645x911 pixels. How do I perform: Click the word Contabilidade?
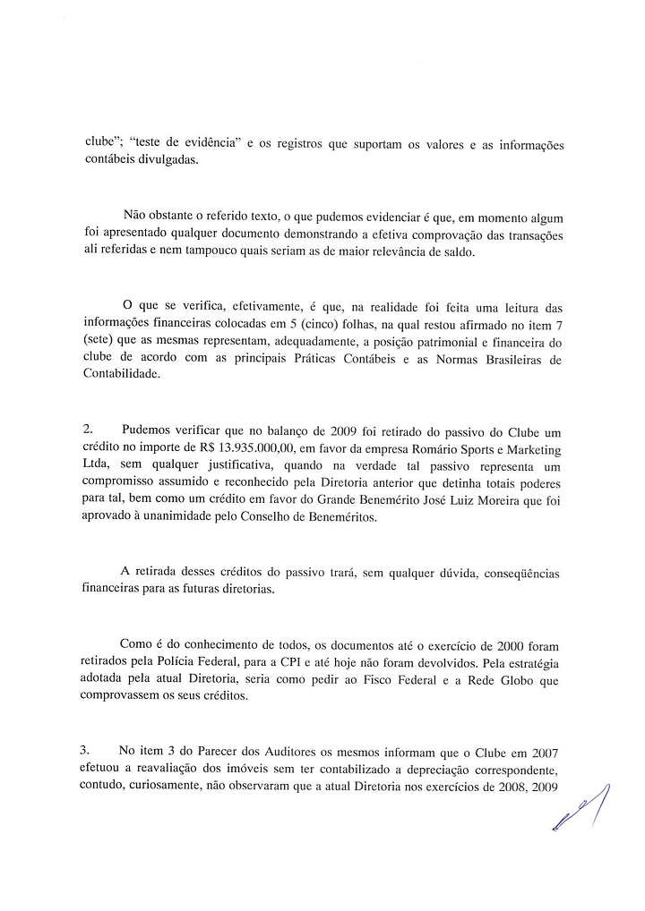click(121, 377)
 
